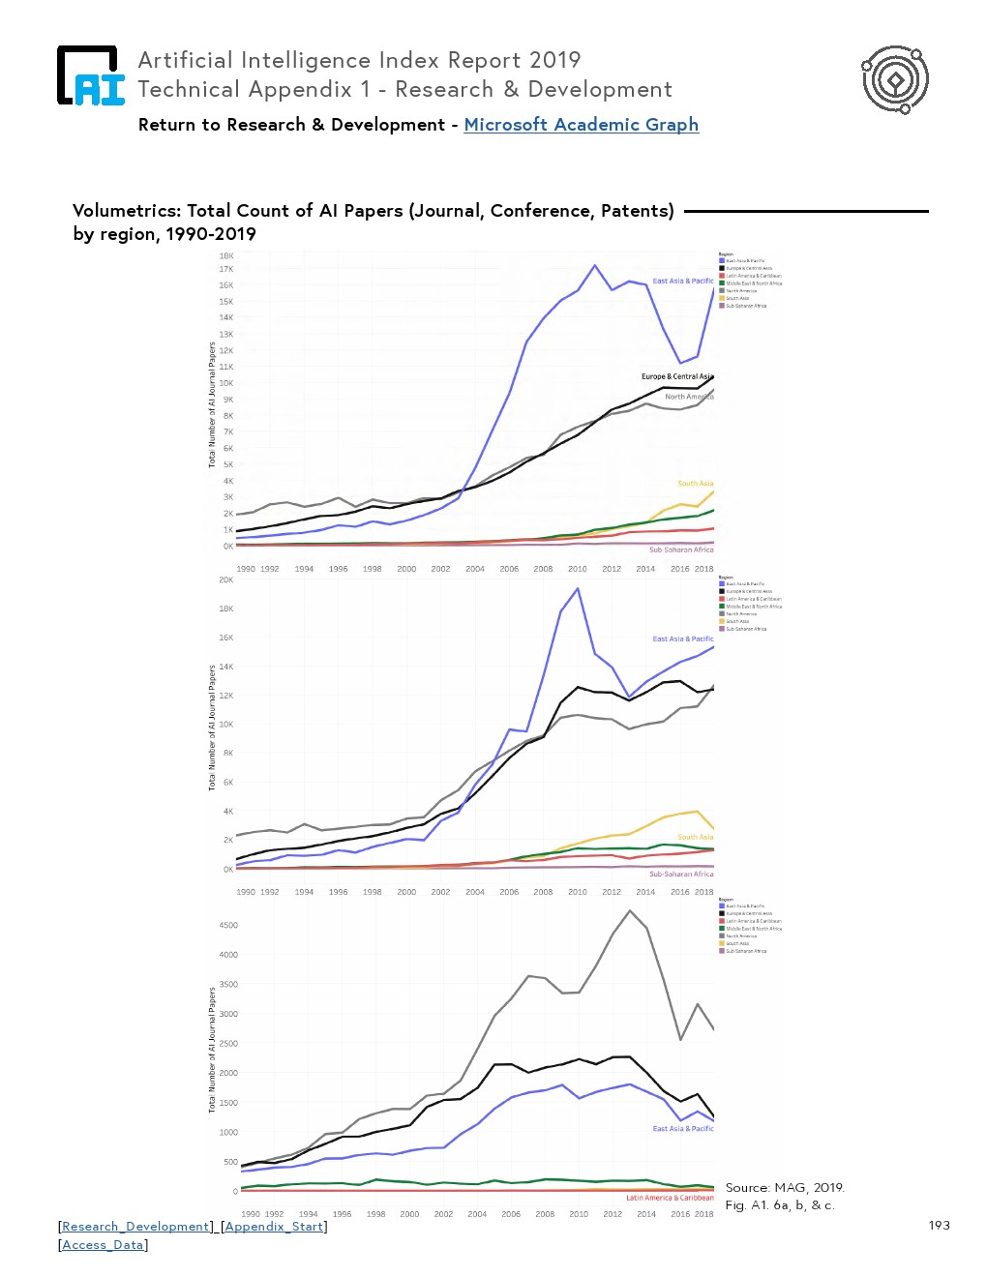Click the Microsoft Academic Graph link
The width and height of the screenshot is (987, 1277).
pos(581,125)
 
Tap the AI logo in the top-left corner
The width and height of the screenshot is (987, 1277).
pos(91,76)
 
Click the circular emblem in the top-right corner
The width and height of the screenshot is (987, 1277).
pos(895,79)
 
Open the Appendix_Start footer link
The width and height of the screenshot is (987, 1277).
pos(274,1227)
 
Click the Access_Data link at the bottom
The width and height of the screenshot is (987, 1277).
pos(104,1245)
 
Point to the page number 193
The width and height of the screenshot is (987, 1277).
pos(939,1226)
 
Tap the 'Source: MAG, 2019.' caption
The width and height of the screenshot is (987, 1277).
pos(785,1188)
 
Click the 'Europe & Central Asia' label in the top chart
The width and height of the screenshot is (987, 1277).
pos(676,376)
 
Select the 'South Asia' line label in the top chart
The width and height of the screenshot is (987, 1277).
pos(695,483)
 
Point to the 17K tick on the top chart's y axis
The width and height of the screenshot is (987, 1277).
pos(226,269)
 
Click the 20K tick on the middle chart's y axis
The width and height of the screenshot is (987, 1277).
pos(226,579)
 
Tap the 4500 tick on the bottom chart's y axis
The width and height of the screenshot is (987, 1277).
pos(228,925)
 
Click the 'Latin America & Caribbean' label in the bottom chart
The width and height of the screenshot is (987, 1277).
pos(670,1198)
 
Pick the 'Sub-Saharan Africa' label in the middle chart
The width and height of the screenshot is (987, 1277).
pos(681,874)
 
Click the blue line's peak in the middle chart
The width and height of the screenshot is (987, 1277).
pos(578,588)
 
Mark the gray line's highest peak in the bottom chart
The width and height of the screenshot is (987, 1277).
pos(630,910)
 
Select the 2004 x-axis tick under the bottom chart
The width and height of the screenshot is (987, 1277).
pos(477,1214)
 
